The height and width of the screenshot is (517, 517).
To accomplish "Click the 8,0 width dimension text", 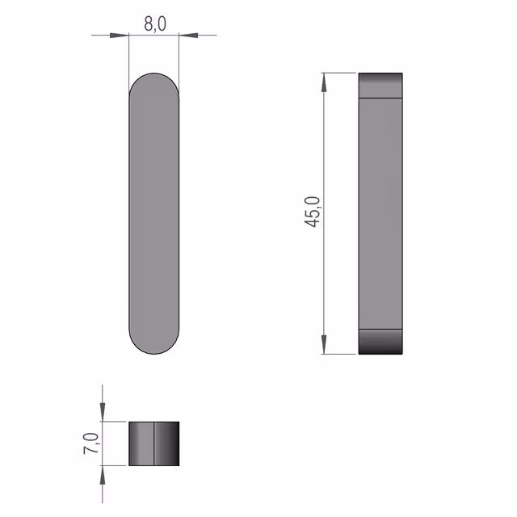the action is tap(155, 24).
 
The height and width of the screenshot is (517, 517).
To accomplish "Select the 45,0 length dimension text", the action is tap(312, 212).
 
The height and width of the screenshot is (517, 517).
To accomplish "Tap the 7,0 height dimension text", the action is tap(91, 443).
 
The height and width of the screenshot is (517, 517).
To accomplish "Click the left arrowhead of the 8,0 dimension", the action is tap(119, 35).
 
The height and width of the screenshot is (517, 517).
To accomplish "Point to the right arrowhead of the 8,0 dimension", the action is tap(188, 35).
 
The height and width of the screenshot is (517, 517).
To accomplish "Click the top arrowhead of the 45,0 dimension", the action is tap(324, 82).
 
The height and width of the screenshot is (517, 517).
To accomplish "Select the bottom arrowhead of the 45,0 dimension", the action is tap(324, 345).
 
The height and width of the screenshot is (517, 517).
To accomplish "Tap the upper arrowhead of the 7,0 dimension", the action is tap(103, 412).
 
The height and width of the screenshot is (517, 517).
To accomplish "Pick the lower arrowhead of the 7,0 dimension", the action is tap(103, 475).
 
